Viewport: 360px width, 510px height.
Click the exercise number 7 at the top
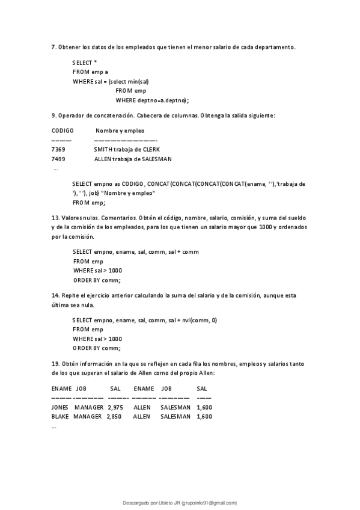pyautogui.click(x=53, y=47)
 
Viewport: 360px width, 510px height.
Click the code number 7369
pyautogui.click(x=59, y=149)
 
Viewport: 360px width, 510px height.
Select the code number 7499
pyautogui.click(x=59, y=159)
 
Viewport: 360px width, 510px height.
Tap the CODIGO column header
pyautogui.click(x=63, y=131)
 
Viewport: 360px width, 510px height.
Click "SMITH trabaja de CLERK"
pyautogui.click(x=127, y=149)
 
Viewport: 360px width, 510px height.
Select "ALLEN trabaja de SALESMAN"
pyautogui.click(x=133, y=159)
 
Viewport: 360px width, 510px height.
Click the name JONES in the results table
pyautogui.click(x=61, y=407)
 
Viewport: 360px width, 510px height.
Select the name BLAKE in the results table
pyautogui.click(x=60, y=416)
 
